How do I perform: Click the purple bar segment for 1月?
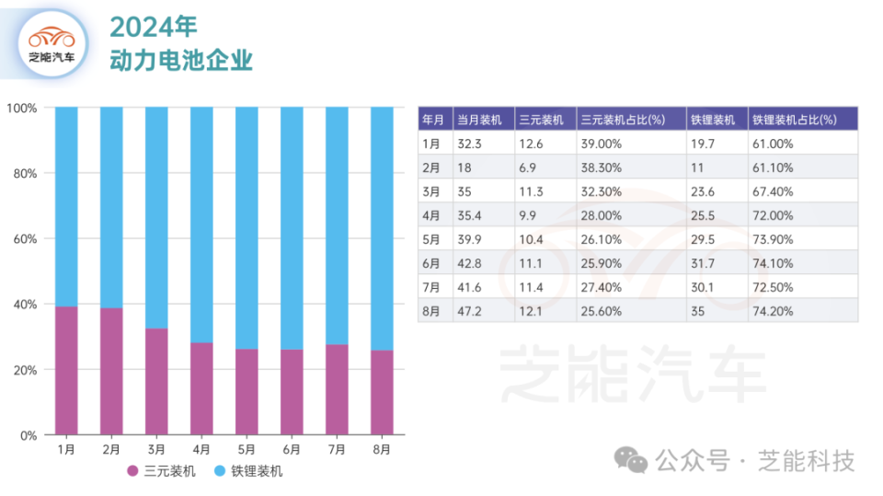point(66,370)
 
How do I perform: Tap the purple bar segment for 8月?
point(382,392)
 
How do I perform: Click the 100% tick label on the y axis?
point(21,108)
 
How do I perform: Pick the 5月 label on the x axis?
point(247,449)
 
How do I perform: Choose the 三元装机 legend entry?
point(161,471)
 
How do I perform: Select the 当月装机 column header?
point(478,120)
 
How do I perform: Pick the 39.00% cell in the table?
point(602,144)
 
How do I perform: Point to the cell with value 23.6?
point(702,191)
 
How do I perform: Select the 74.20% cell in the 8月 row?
point(773,311)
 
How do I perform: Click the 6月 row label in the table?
point(431,263)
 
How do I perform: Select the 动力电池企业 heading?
point(180,61)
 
